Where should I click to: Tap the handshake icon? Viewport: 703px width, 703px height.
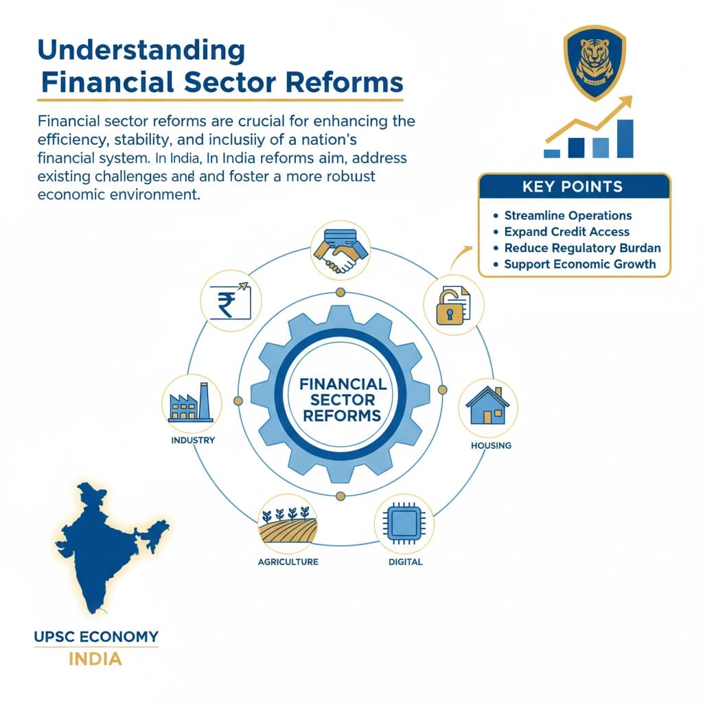(340, 251)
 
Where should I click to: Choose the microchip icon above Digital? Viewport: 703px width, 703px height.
(402, 525)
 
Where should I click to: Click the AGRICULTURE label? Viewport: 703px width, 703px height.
(288, 562)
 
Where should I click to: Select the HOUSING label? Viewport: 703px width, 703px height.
(491, 446)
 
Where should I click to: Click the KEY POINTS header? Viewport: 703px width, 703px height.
(573, 186)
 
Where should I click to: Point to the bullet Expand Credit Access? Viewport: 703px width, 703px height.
(566, 232)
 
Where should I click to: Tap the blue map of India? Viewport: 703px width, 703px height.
(103, 542)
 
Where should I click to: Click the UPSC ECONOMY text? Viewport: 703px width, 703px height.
(96, 636)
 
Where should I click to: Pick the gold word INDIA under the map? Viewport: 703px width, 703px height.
(95, 660)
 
